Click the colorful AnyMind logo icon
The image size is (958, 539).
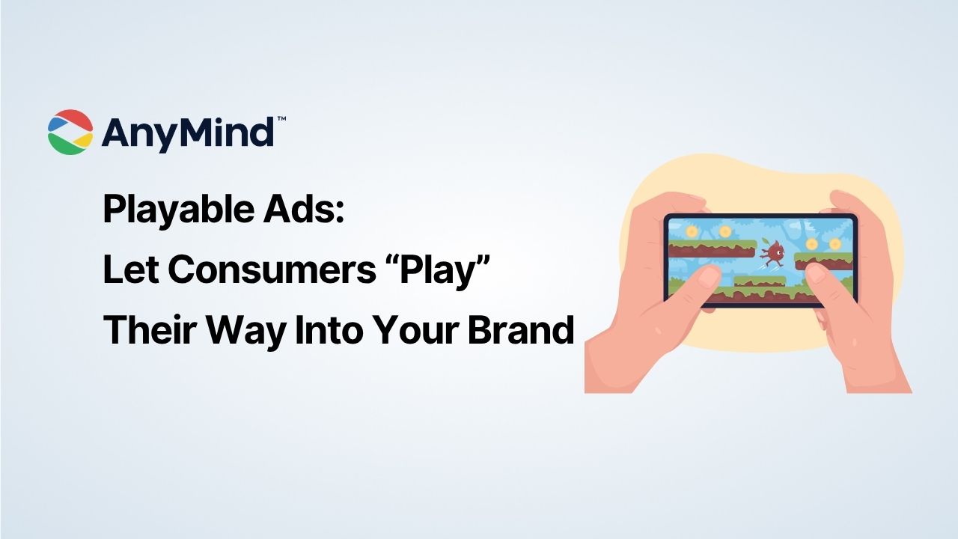[70, 133]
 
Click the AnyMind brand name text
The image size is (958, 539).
[187, 133]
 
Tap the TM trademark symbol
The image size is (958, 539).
[281, 119]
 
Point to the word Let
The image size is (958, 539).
[131, 270]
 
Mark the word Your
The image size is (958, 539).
[421, 330]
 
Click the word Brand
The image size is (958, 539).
[521, 330]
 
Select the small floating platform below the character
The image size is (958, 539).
[759, 281]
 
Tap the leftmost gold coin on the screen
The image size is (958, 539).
[692, 232]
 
